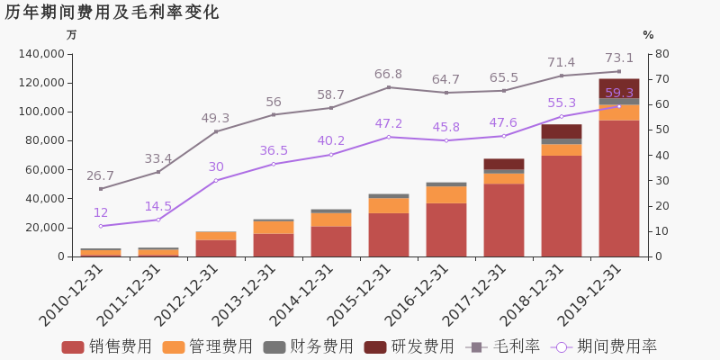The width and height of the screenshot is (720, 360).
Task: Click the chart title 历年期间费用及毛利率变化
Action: [112, 13]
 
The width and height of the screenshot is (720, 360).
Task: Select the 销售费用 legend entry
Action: [107, 346]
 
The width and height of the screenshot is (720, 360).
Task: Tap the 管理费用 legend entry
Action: [208, 346]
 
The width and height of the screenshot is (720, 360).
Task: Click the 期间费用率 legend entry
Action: [605, 346]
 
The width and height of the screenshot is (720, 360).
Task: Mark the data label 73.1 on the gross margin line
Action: [619, 58]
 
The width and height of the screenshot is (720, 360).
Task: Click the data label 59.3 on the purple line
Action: [619, 94]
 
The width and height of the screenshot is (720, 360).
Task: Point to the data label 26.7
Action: [101, 175]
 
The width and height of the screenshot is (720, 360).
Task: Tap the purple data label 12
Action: [101, 213]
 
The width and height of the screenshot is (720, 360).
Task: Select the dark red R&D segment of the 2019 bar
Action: [619, 88]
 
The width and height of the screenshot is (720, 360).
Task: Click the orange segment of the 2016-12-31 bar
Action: [446, 194]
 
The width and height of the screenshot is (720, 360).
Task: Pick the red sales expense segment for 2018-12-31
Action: [562, 206]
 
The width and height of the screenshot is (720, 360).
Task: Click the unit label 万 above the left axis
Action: [72, 35]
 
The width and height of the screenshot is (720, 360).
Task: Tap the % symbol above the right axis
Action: [648, 35]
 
